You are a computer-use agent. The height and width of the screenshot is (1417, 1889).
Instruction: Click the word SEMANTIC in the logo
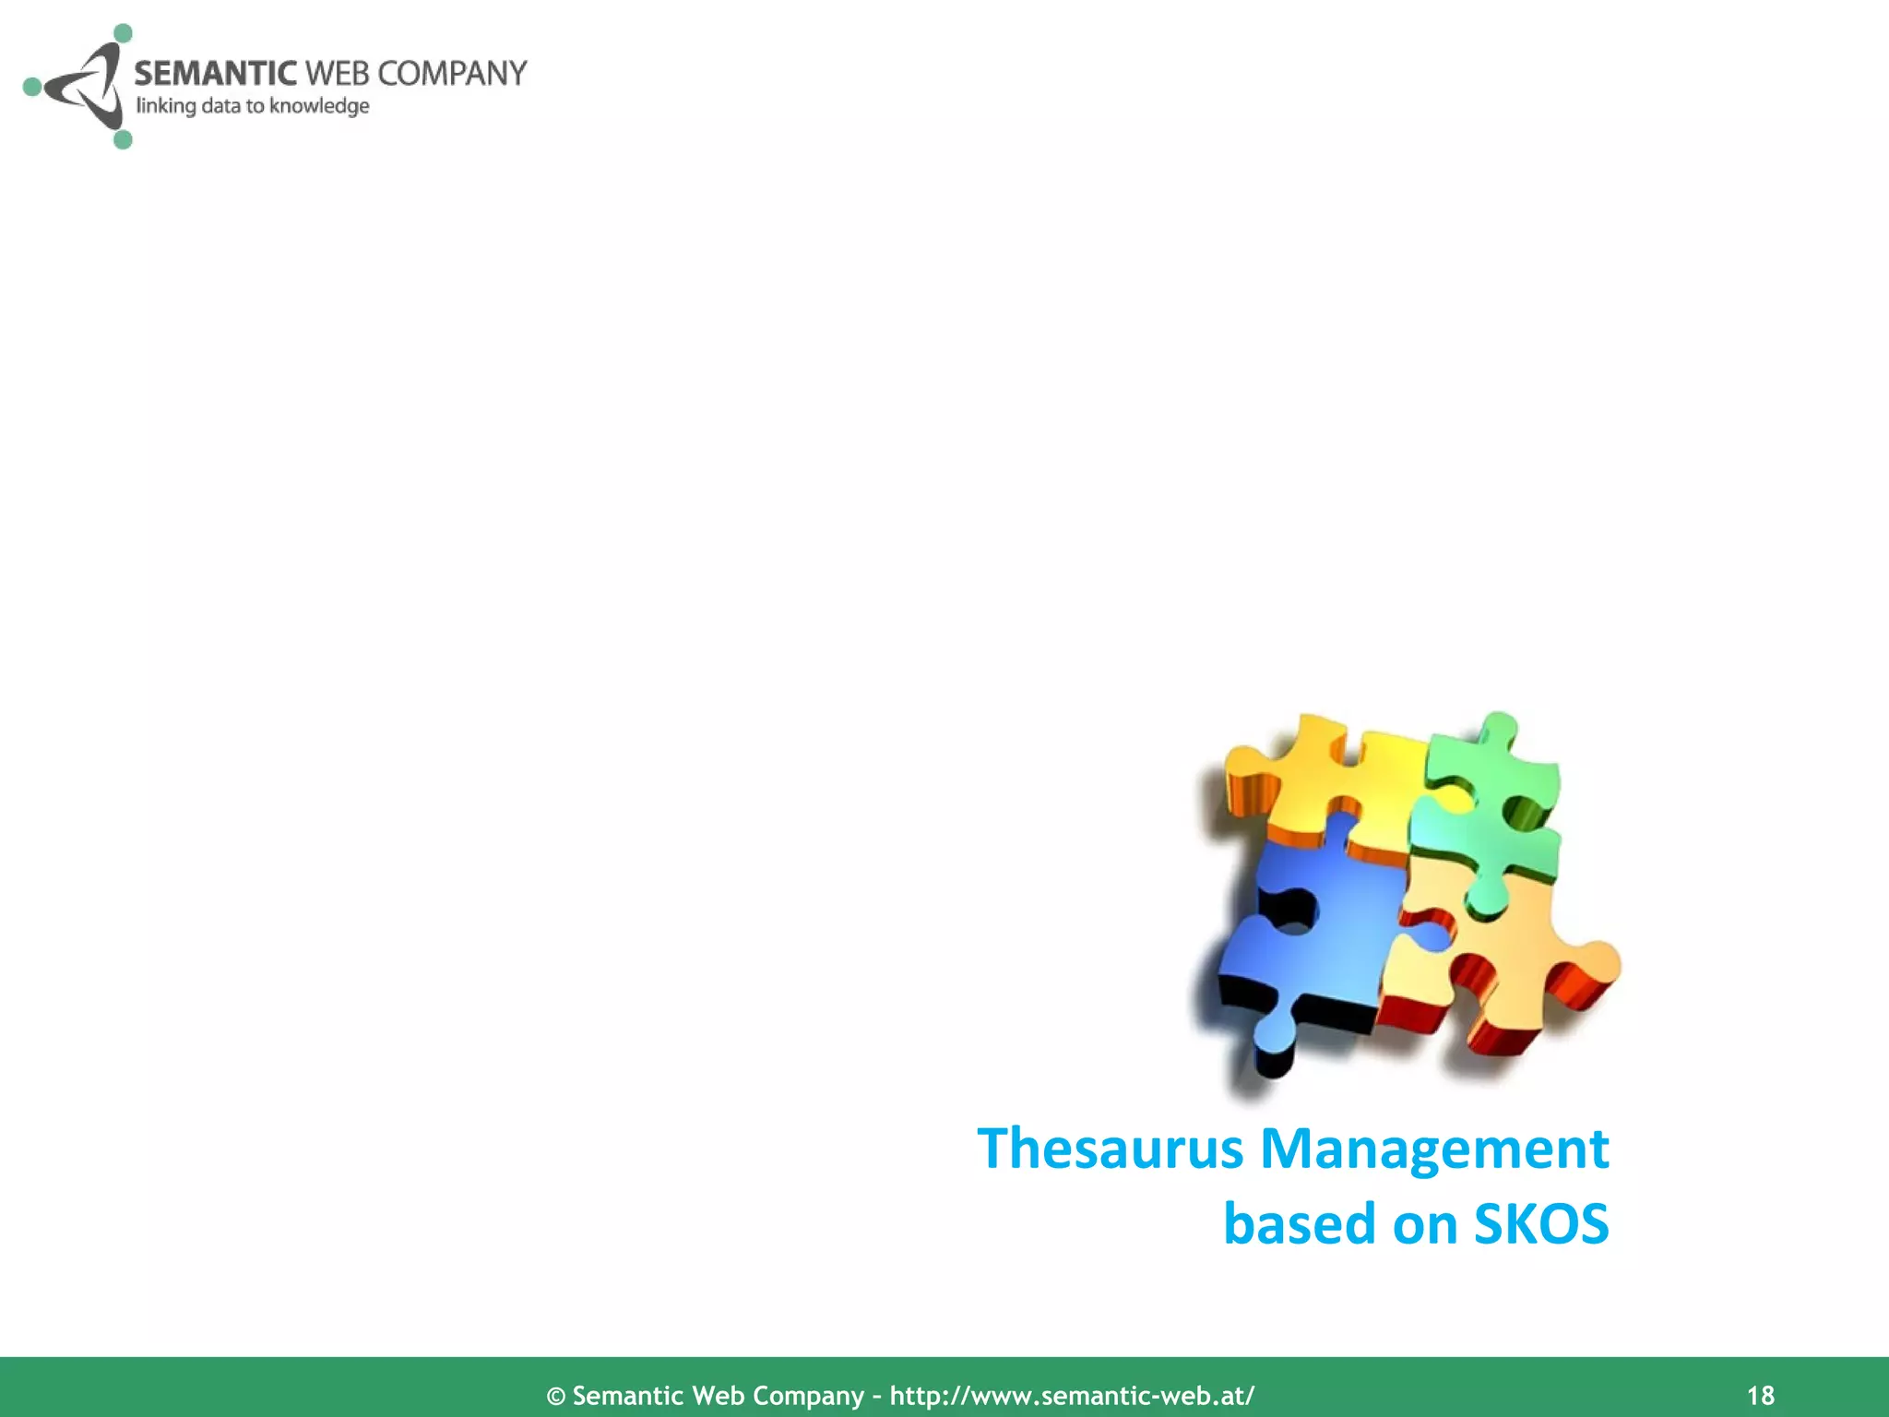pyautogui.click(x=215, y=73)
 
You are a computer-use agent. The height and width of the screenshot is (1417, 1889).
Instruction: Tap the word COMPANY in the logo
pyautogui.click(x=452, y=73)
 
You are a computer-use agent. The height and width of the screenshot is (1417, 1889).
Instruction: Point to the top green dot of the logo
pyautogui.click(x=122, y=34)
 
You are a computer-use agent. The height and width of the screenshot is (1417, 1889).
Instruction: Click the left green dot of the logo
pyautogui.click(x=32, y=87)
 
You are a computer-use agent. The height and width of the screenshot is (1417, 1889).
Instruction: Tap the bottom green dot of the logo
pyautogui.click(x=123, y=139)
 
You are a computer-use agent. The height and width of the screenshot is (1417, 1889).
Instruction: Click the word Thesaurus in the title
pyautogui.click(x=1111, y=1149)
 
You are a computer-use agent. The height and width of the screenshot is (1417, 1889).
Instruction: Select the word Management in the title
pyautogui.click(x=1434, y=1149)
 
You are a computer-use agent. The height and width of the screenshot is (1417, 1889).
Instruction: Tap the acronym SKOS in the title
pyautogui.click(x=1540, y=1224)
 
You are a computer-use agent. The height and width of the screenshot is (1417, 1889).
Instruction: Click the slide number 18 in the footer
pyautogui.click(x=1761, y=1395)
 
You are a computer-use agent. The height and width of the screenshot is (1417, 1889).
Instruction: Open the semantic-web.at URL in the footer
pyautogui.click(x=1072, y=1395)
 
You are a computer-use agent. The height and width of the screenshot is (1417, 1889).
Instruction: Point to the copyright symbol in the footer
pyautogui.click(x=556, y=1396)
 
